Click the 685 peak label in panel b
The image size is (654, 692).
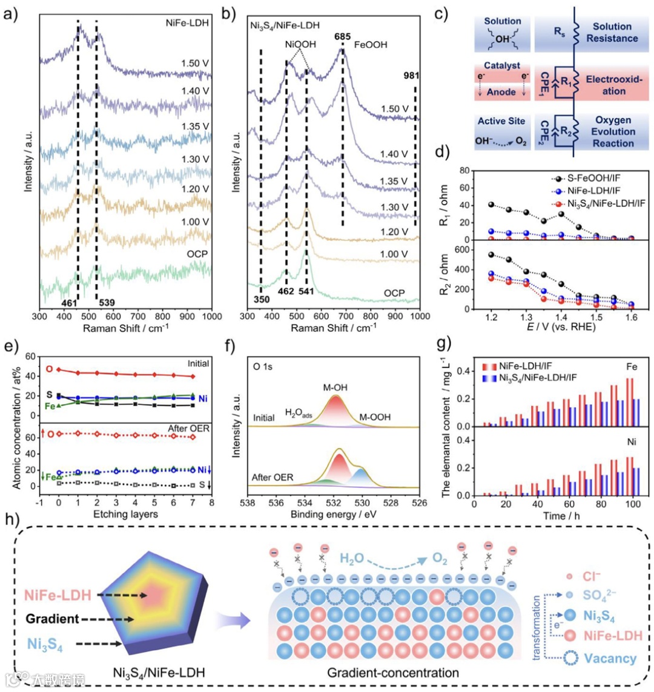(x=343, y=37)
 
